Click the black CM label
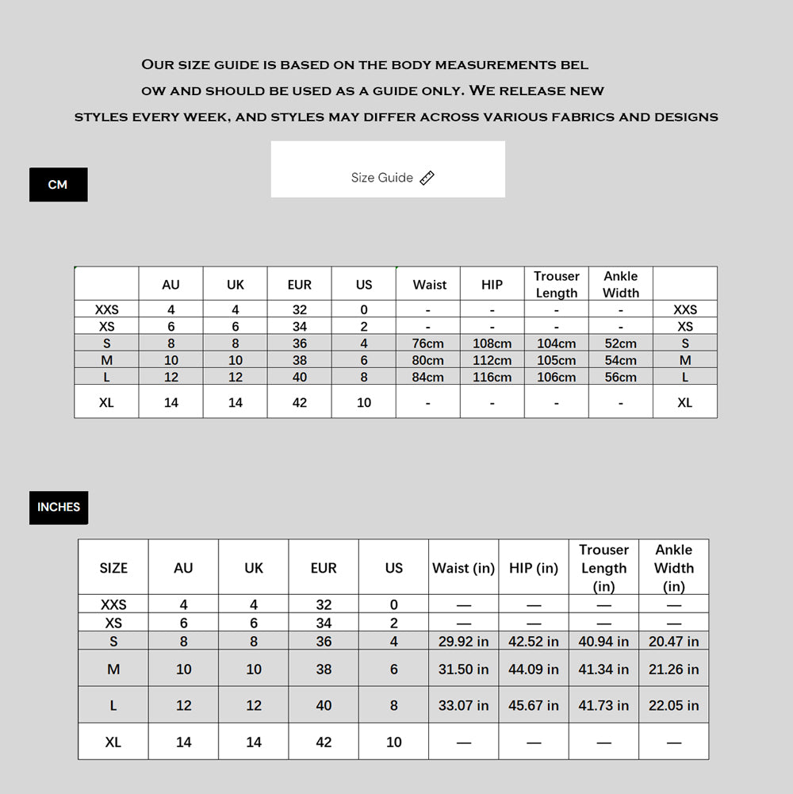tap(58, 185)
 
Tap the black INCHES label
tap(59, 507)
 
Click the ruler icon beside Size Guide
tap(427, 178)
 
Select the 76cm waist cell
tap(427, 343)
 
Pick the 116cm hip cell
tap(492, 378)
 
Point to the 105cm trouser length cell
tap(556, 361)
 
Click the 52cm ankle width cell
tap(620, 343)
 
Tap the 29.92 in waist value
tap(463, 642)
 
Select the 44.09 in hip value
tap(533, 669)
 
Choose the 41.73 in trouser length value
tap(603, 705)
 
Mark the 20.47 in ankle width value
tap(673, 642)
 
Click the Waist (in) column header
tap(463, 568)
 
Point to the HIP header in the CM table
tap(492, 285)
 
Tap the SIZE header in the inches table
tap(113, 568)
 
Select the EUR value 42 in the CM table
tap(300, 402)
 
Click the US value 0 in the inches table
tap(394, 604)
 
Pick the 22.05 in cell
tap(673, 705)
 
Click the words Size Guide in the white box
tap(382, 178)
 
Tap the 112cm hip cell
tap(492, 361)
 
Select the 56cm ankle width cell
tap(620, 378)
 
